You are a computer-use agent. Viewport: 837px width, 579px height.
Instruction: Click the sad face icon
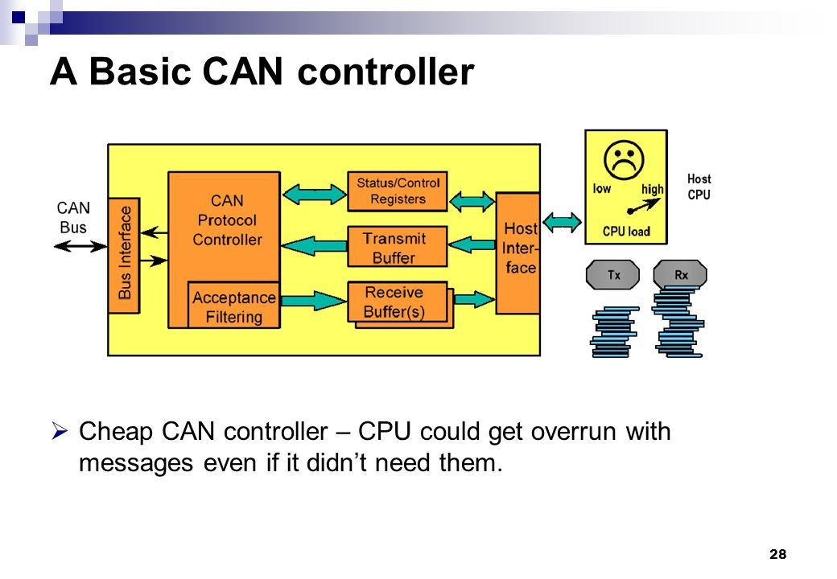pyautogui.click(x=624, y=160)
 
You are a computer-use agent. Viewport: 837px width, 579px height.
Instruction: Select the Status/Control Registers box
pyautogui.click(x=397, y=191)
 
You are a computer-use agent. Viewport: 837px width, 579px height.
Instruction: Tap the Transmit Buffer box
pyautogui.click(x=397, y=247)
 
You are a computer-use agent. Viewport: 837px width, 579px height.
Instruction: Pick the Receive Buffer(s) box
pyautogui.click(x=397, y=302)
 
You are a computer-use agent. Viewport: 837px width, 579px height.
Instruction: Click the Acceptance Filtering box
pyautogui.click(x=234, y=305)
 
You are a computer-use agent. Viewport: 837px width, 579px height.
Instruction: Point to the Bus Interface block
pyautogui.click(x=124, y=256)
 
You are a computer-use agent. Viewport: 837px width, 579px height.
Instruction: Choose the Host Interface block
pyautogui.click(x=517, y=253)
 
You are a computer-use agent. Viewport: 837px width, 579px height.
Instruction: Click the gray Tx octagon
pyautogui.click(x=612, y=275)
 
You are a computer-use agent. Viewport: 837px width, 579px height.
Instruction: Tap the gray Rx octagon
pyautogui.click(x=680, y=275)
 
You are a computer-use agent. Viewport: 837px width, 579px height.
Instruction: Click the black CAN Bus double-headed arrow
pyautogui.click(x=80, y=246)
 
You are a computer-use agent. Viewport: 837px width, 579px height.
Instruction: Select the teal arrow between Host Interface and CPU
pyautogui.click(x=562, y=222)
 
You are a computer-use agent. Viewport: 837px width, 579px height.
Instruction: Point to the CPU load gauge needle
pyautogui.click(x=644, y=206)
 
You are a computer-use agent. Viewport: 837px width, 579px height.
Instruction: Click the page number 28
pyautogui.click(x=777, y=555)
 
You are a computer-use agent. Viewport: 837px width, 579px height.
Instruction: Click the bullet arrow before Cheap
pyautogui.click(x=60, y=430)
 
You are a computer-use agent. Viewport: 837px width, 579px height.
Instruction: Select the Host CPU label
pyautogui.click(x=699, y=187)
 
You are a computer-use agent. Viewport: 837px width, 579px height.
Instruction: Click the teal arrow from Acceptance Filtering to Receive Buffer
pyautogui.click(x=313, y=301)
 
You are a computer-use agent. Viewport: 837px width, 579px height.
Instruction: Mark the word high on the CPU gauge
pyautogui.click(x=653, y=189)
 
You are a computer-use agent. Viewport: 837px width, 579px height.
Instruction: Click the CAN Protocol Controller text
pyautogui.click(x=227, y=220)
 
